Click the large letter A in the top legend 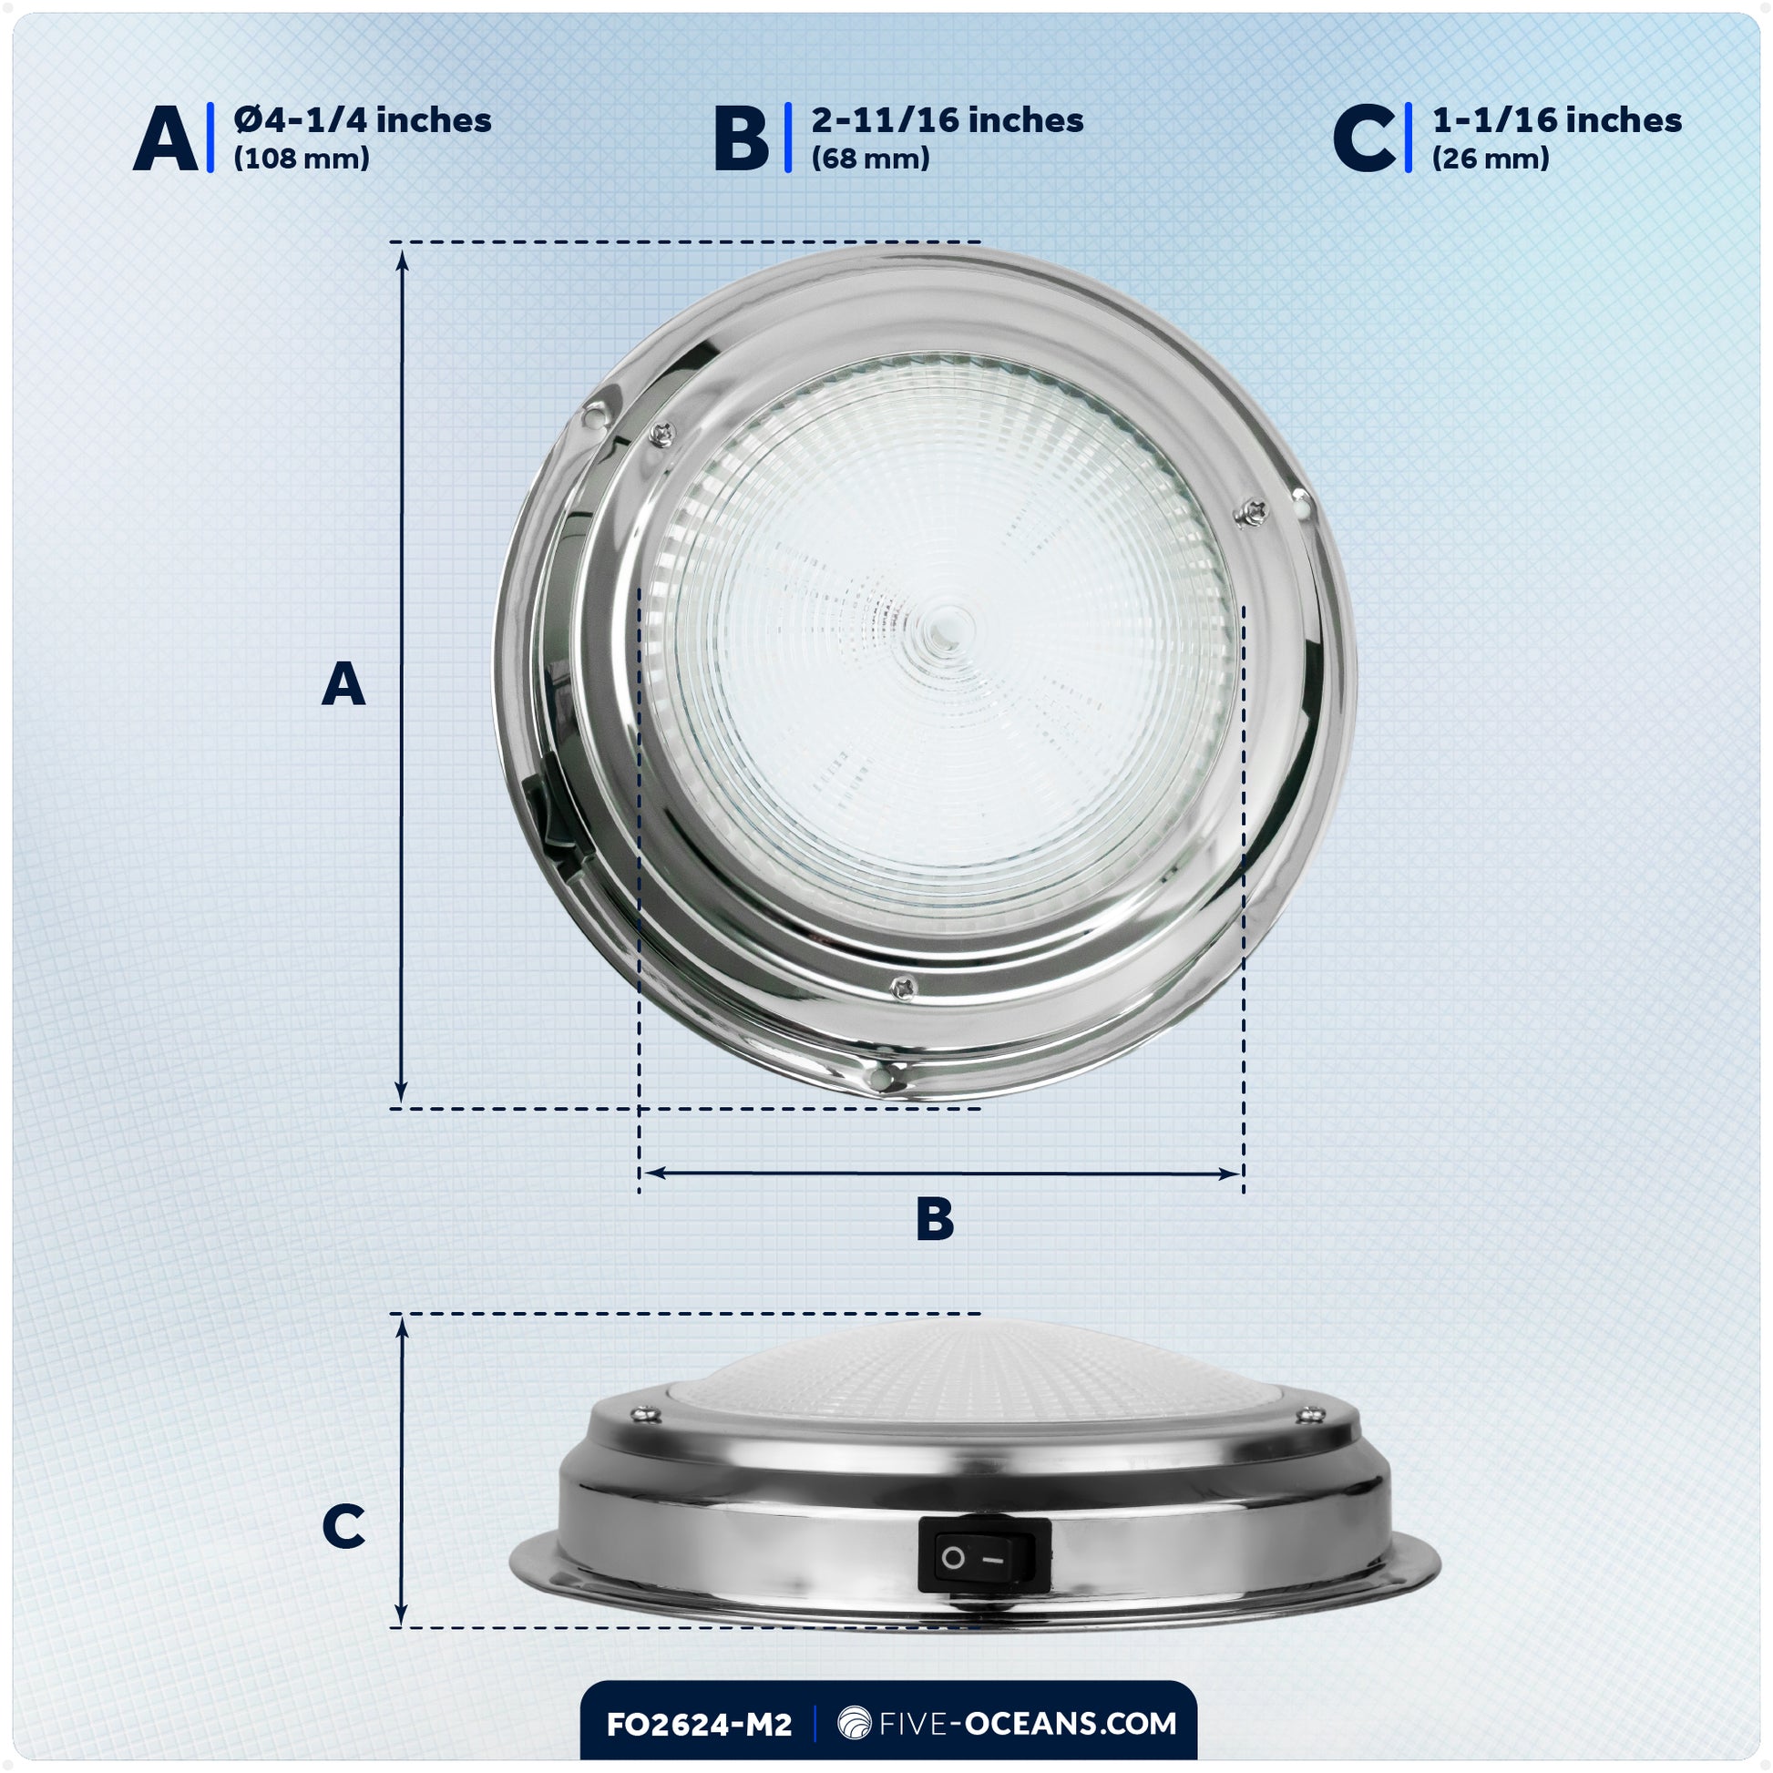[165, 138]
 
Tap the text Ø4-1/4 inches [363, 120]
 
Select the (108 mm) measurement [301, 159]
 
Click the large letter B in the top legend [741, 138]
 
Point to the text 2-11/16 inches [947, 120]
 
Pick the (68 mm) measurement [870, 159]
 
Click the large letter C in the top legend [1364, 138]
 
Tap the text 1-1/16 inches [1556, 120]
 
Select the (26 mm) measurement [1491, 159]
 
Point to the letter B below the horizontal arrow [935, 1221]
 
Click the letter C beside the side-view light [343, 1527]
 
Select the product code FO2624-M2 [699, 1725]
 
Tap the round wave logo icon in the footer [855, 1724]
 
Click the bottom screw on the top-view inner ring [903, 987]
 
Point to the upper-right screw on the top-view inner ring [1252, 511]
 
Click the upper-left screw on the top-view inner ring [661, 433]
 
